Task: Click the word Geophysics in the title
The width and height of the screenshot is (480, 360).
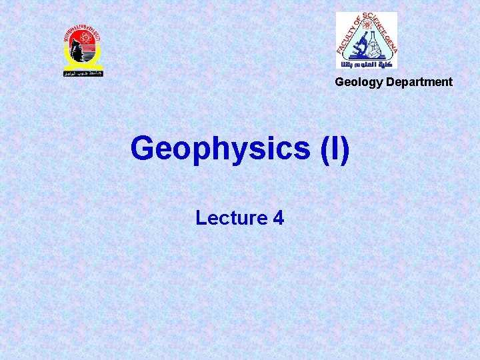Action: click(217, 149)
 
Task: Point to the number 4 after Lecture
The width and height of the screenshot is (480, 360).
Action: click(278, 217)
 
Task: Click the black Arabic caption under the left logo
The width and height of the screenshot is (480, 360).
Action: click(83, 72)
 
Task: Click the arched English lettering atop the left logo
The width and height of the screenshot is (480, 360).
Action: click(82, 32)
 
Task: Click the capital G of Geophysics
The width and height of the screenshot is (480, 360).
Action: click(143, 149)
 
